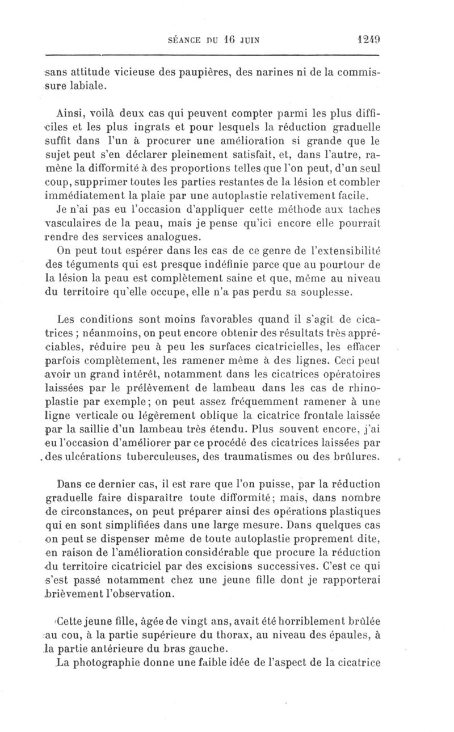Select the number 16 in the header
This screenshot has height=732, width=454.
[x=228, y=40]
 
